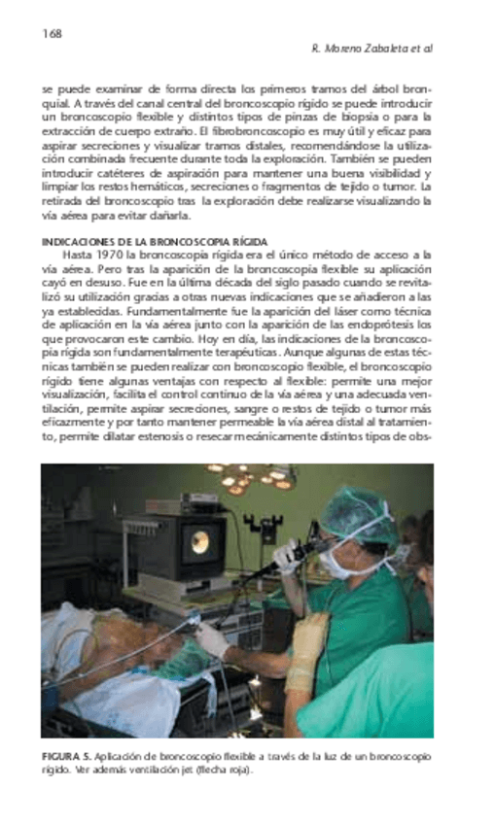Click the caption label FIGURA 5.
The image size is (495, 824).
coord(64,755)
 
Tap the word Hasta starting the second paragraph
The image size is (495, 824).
coord(77,254)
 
